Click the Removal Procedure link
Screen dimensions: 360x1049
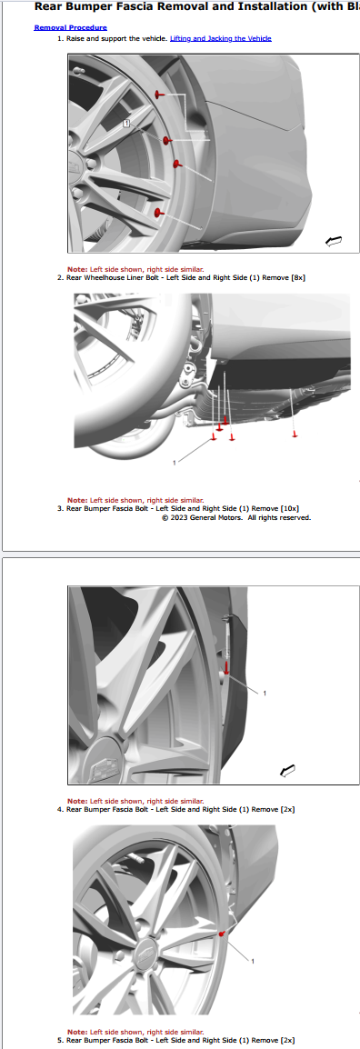(70, 28)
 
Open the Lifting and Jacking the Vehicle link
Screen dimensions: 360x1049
(221, 39)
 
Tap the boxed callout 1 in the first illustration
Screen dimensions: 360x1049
(125, 124)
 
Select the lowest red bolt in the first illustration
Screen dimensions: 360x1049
(158, 213)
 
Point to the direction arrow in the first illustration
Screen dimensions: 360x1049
(334, 241)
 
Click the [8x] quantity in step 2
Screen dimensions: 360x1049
(297, 277)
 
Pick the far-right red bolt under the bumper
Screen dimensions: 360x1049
(295, 435)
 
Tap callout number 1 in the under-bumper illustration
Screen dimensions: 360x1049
(175, 463)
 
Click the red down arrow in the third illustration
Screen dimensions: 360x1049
(227, 667)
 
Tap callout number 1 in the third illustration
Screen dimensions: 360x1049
(265, 693)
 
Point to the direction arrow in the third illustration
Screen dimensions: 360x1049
(288, 772)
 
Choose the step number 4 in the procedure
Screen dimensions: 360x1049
(60, 810)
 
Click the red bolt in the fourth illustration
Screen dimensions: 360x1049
(222, 933)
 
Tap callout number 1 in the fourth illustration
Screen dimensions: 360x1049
(252, 962)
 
